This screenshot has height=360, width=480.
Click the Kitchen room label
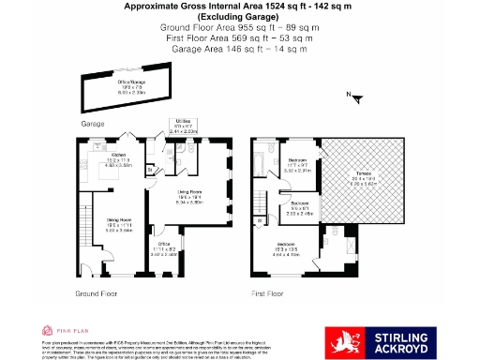120,156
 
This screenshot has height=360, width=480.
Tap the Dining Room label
118,220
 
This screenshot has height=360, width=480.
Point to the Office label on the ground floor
164,246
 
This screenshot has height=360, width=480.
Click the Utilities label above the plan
184,122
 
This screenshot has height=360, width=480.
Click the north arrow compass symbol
352,95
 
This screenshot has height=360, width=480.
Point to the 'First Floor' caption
268,293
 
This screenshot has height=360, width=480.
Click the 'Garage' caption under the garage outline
92,123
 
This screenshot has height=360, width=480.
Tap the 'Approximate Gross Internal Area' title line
240,6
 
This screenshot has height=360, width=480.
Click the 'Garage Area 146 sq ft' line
240,50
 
